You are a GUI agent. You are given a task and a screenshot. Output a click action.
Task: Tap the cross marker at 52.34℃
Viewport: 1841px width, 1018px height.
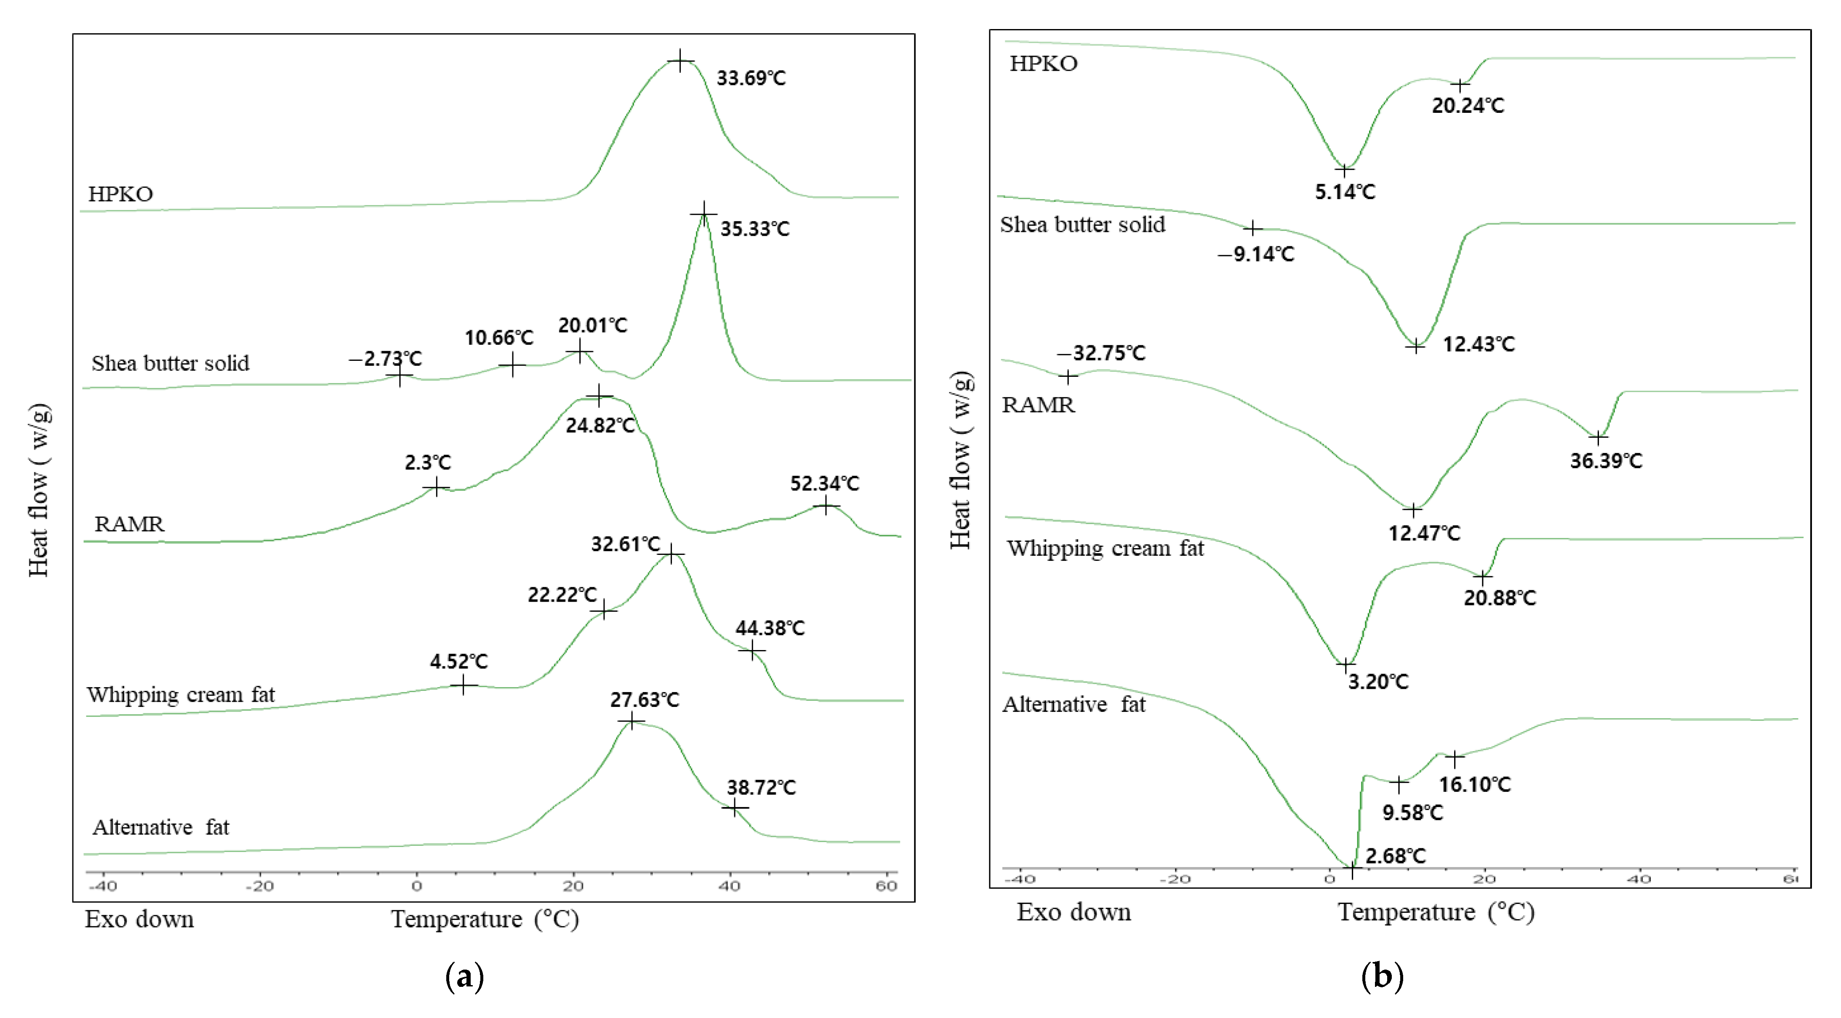click(x=826, y=506)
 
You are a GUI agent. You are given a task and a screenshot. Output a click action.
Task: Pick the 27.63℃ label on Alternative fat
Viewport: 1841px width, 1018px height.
click(x=644, y=699)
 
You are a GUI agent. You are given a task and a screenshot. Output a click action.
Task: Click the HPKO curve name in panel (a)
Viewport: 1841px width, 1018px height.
click(x=120, y=194)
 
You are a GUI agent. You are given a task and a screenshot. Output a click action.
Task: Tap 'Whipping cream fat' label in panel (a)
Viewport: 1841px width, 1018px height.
click(x=181, y=694)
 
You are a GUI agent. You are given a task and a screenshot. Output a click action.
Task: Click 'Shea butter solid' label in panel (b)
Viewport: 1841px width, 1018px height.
click(x=1082, y=224)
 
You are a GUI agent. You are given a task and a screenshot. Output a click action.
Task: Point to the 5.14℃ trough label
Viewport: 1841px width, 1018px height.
click(x=1344, y=192)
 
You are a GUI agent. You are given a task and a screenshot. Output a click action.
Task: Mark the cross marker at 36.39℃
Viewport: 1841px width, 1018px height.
click(x=1598, y=437)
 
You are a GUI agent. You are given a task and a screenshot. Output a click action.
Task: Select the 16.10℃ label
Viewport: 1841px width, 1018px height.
click(x=1474, y=784)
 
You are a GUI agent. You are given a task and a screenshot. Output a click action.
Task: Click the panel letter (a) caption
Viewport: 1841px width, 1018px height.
click(x=464, y=976)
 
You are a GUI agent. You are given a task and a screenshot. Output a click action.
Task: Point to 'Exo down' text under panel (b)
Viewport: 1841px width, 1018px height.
click(x=1074, y=912)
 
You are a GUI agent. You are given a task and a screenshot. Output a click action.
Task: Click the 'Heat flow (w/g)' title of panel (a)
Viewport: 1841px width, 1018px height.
click(x=39, y=490)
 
